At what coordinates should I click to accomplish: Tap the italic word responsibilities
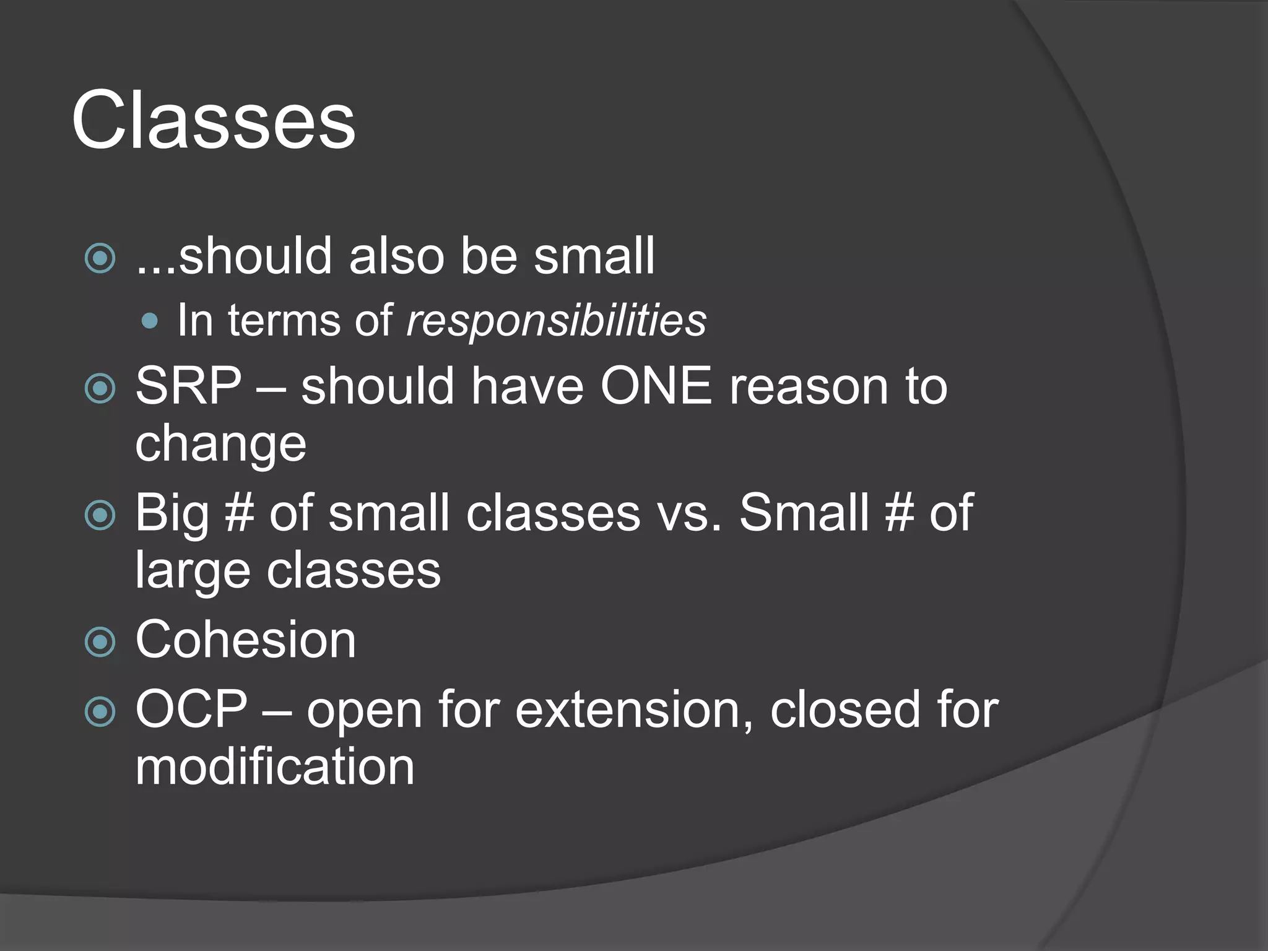pos(555,321)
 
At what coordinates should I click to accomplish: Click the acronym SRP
pos(188,386)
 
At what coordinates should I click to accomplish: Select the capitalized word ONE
pos(656,386)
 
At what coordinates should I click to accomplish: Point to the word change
pos(220,445)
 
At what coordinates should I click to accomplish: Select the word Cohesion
pos(245,640)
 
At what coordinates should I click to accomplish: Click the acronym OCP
pos(191,709)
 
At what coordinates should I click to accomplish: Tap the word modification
pos(274,766)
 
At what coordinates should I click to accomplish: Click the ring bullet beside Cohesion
pos(100,642)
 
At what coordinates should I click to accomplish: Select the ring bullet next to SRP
pos(100,388)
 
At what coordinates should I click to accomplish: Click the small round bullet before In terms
pos(149,321)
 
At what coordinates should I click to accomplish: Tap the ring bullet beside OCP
pos(100,711)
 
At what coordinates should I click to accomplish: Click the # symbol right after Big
pos(240,513)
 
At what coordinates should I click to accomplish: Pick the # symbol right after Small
pos(900,513)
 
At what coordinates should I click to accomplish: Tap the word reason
pos(809,386)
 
